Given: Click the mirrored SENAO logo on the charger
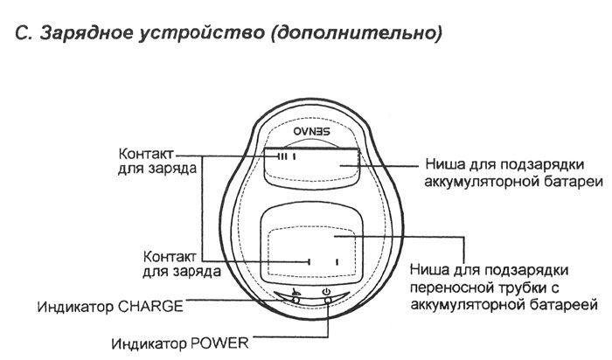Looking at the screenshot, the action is tap(311, 131).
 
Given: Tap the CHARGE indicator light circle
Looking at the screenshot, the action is tap(296, 300).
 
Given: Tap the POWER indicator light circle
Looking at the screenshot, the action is tap(328, 300).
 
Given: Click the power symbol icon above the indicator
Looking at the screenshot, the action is tap(326, 291).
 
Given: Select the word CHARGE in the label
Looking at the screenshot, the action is tap(150, 306).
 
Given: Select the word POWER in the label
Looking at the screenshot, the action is tap(219, 343).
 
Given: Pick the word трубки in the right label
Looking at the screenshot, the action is tap(519, 288).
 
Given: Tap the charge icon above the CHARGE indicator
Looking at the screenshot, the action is tap(296, 291).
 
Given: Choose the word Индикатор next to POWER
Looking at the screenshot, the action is tap(149, 343).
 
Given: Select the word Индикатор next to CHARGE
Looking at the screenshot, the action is tap(75, 307).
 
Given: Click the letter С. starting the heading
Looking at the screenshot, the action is tap(24, 33).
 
